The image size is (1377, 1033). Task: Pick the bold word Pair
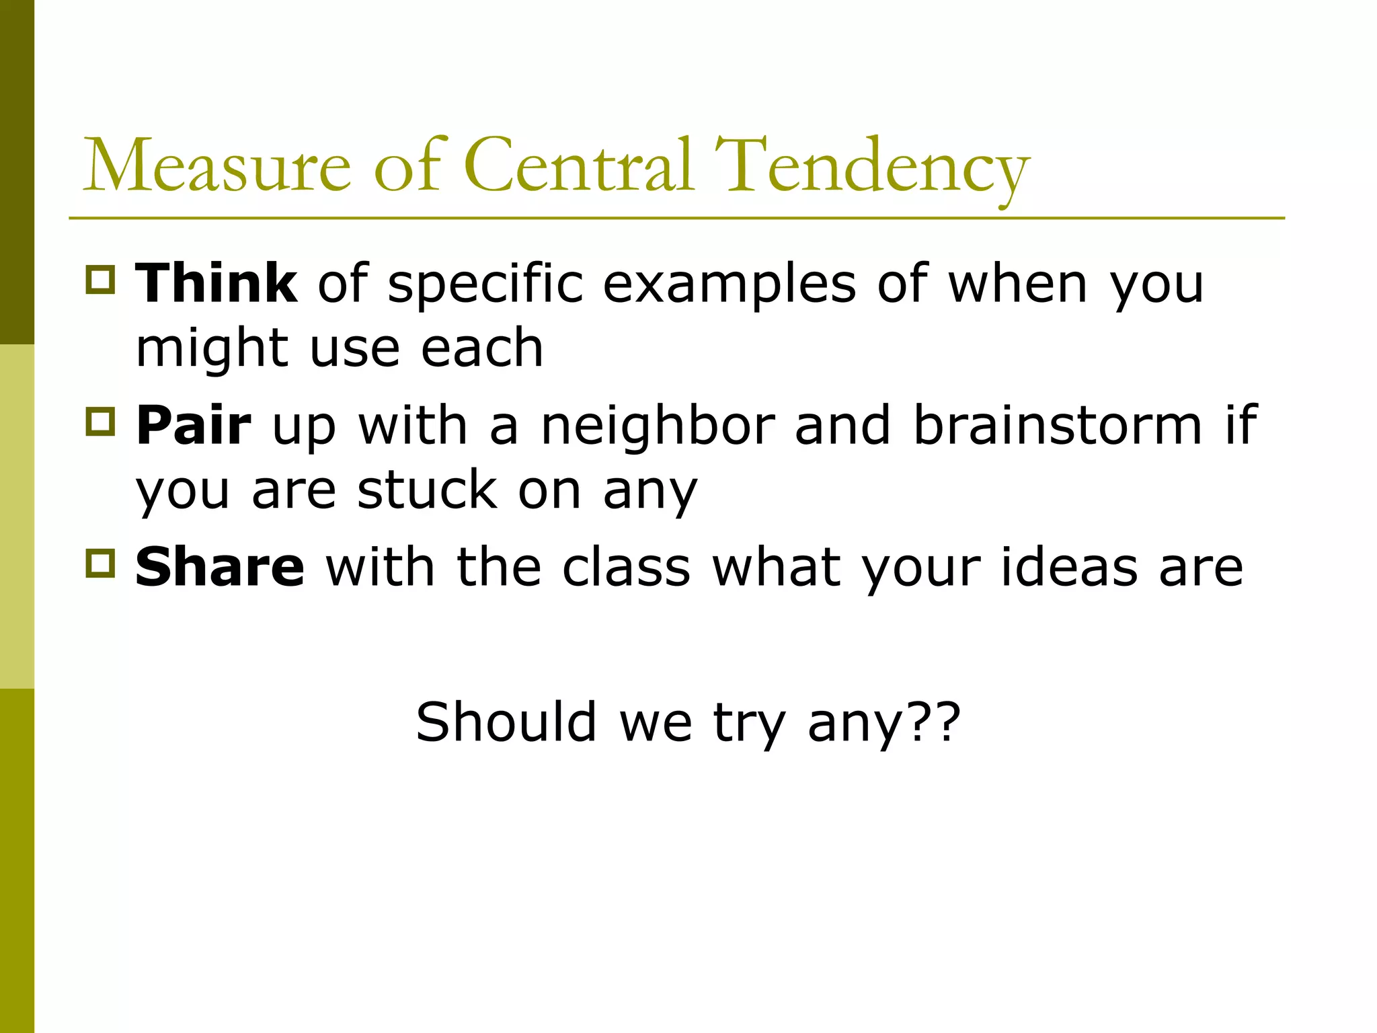(x=194, y=426)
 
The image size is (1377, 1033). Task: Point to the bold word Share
(x=220, y=568)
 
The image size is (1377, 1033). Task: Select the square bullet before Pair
(x=101, y=421)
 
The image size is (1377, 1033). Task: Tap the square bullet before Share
(x=101, y=564)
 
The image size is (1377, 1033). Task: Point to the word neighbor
(x=658, y=426)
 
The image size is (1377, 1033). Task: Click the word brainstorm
(x=1058, y=426)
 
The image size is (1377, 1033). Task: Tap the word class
(x=626, y=568)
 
